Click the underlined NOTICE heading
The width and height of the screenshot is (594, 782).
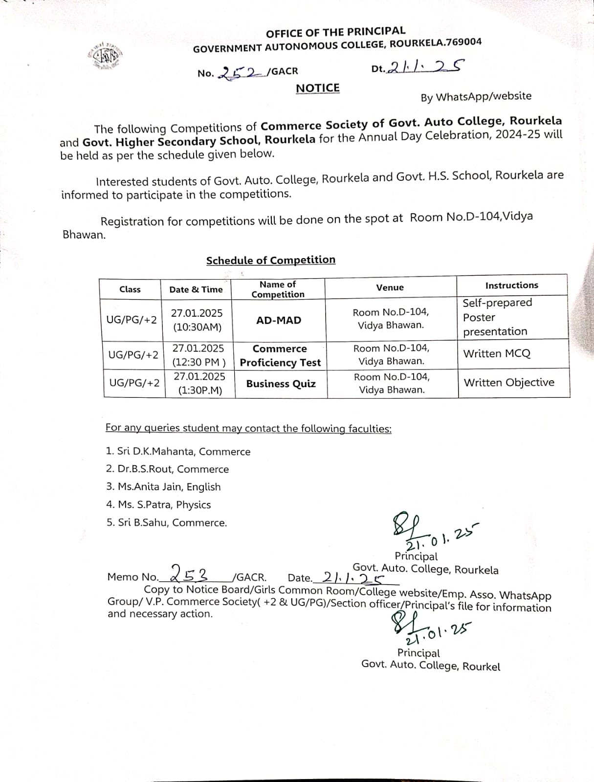318,88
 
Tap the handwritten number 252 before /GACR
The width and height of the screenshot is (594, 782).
240,72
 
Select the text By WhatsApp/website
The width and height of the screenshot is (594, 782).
476,97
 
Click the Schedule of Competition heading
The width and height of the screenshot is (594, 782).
270,260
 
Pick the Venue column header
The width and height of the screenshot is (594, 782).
390,287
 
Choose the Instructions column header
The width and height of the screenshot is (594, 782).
511,285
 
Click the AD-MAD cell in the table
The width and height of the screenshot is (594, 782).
279,321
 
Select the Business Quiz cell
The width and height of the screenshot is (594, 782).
281,384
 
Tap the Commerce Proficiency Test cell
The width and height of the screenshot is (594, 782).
280,356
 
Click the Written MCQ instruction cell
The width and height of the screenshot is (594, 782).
497,353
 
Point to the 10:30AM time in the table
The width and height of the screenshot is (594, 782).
197,327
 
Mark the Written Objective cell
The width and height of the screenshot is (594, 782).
509,382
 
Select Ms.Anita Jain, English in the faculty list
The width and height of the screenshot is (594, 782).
164,487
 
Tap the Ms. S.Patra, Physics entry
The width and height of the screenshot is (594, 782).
159,505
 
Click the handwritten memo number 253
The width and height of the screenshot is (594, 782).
191,572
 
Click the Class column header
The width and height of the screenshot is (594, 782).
130,289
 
